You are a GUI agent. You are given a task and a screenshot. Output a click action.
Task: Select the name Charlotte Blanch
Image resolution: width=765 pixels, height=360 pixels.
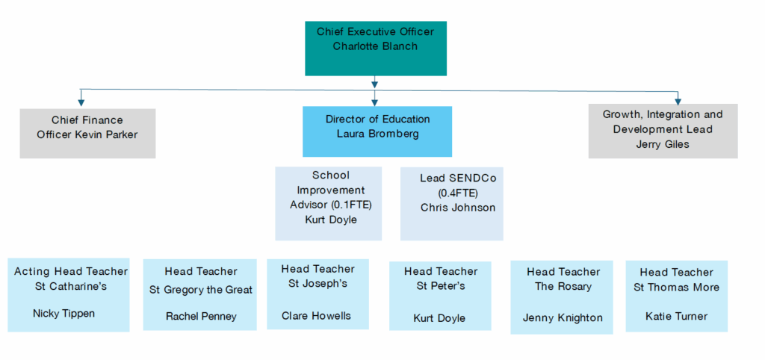click(x=375, y=46)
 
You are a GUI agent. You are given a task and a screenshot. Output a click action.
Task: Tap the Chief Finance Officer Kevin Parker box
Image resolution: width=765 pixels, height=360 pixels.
click(x=87, y=133)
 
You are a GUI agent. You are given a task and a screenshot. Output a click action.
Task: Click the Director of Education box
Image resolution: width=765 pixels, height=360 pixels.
click(x=377, y=131)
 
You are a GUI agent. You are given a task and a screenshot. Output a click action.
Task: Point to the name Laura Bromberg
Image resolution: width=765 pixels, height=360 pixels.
click(x=377, y=134)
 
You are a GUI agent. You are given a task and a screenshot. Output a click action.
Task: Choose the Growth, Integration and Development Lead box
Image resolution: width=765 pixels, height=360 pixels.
click(x=663, y=131)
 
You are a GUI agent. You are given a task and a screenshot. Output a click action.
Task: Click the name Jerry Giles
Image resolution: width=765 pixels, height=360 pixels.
click(x=663, y=144)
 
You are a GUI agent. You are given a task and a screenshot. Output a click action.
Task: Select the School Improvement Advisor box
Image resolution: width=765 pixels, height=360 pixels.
click(x=329, y=203)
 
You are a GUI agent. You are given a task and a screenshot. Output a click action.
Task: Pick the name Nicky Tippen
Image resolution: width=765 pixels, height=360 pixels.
click(x=64, y=314)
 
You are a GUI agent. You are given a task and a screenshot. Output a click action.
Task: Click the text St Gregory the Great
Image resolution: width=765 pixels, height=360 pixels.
click(x=201, y=290)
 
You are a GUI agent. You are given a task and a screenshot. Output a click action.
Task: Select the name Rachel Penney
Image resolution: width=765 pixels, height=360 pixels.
click(x=201, y=317)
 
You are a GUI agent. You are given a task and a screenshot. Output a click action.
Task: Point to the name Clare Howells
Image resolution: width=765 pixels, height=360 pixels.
click(x=316, y=315)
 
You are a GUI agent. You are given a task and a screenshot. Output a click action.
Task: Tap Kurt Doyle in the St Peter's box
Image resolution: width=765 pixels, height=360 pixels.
click(x=439, y=318)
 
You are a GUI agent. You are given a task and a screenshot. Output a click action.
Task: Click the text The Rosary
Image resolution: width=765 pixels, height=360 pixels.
click(x=563, y=287)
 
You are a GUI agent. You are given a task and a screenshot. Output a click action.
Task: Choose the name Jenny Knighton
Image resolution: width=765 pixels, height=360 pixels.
click(x=563, y=317)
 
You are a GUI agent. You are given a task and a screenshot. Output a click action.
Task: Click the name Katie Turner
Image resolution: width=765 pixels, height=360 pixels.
click(x=676, y=316)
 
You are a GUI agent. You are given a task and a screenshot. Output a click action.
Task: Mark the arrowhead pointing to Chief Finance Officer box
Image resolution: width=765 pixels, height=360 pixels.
click(x=80, y=102)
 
